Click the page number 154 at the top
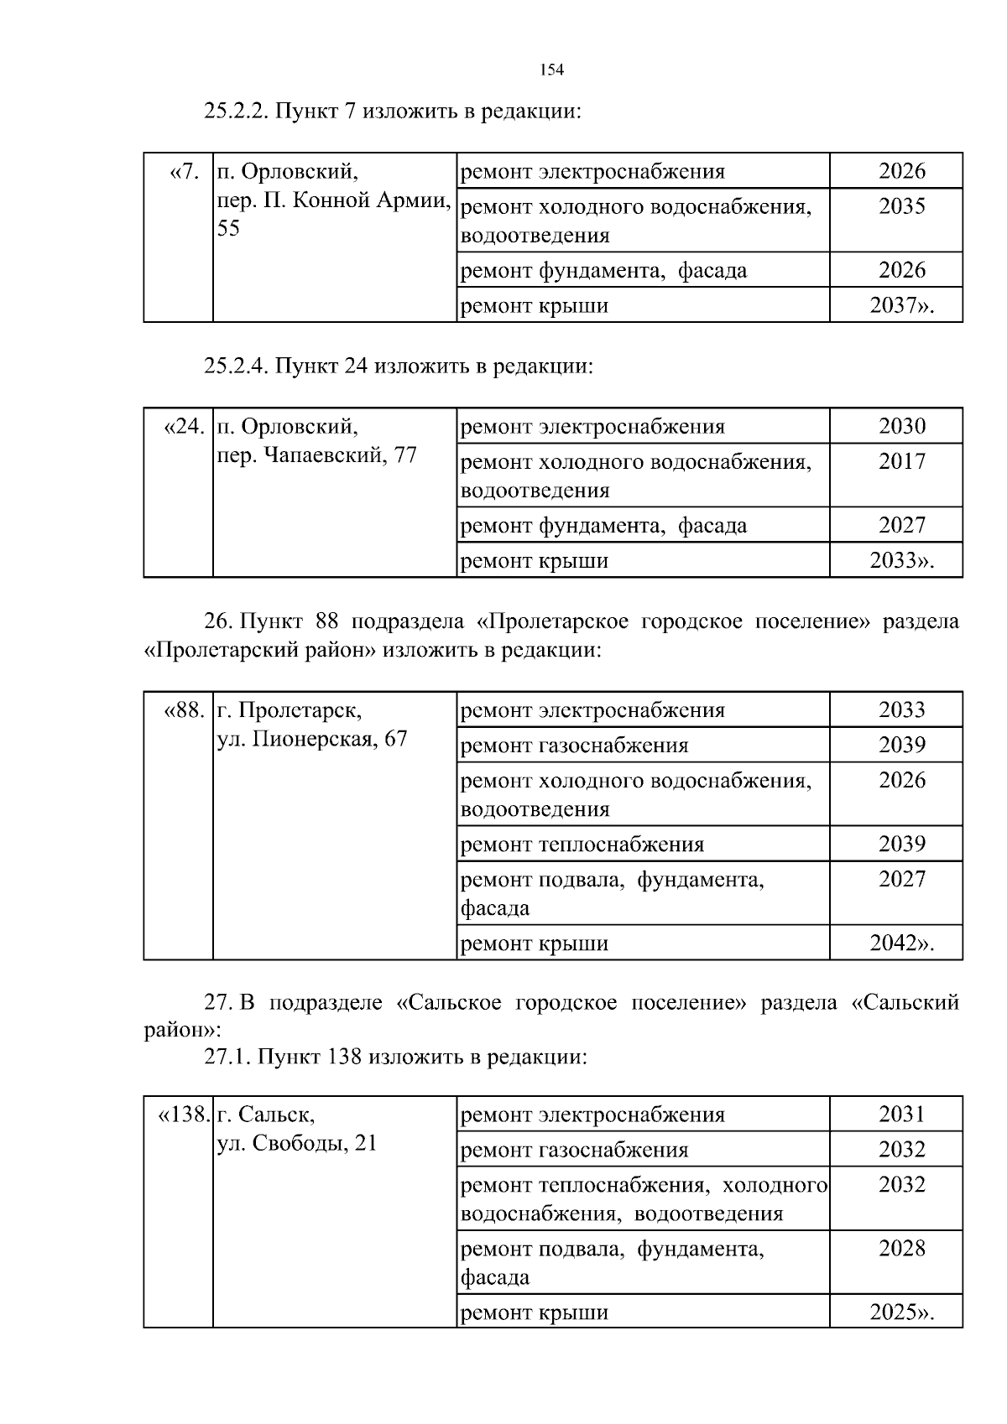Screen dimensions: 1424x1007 tap(550, 70)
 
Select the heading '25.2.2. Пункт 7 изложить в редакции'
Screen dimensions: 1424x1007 tap(393, 111)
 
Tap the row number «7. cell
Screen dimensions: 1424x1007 tap(185, 173)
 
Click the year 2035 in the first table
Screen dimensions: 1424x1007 tap(902, 206)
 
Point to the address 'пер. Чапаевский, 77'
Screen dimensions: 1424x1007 tap(317, 456)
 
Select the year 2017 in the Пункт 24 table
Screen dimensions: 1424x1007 tap(902, 461)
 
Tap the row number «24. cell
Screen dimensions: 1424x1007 tap(184, 428)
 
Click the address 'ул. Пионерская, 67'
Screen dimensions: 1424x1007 tap(312, 740)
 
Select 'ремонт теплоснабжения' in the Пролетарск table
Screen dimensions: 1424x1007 tap(582, 845)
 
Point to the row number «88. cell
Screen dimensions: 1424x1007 tap(184, 711)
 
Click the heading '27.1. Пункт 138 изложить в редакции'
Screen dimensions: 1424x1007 tap(396, 1058)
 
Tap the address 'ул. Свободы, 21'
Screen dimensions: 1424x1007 tap(297, 1144)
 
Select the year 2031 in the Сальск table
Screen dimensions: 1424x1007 tap(902, 1115)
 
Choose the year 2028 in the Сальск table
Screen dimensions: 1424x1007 tap(902, 1249)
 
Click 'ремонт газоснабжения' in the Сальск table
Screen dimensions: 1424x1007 tap(575, 1151)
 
